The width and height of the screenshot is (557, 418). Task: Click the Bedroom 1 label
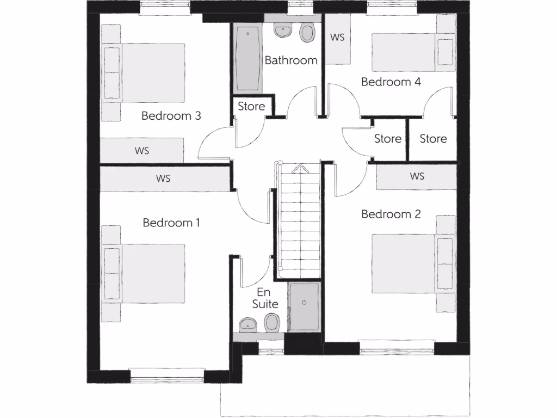[171, 223]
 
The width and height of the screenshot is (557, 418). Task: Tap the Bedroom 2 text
[391, 214]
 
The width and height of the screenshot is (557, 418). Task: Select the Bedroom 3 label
[171, 115]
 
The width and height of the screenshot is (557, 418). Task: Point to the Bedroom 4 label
[391, 82]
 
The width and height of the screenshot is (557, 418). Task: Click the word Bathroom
[290, 60]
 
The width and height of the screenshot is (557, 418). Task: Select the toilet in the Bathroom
[307, 33]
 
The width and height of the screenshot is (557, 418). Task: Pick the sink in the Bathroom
[282, 30]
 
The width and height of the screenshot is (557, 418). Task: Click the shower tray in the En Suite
[304, 307]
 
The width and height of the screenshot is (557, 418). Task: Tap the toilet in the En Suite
[271, 324]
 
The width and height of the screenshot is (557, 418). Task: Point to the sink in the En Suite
[249, 325]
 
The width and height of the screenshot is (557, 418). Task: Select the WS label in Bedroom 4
[338, 38]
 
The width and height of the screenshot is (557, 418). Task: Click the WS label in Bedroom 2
[417, 176]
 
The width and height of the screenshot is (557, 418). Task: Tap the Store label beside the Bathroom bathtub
[251, 106]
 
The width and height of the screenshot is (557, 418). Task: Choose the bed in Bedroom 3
[145, 73]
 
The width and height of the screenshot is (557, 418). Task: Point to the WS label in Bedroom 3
[142, 151]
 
